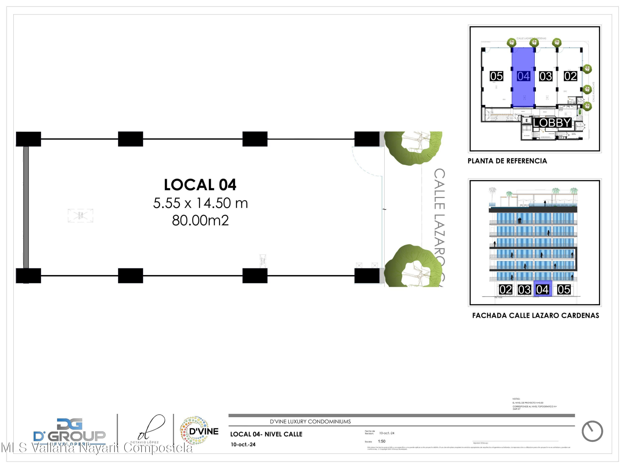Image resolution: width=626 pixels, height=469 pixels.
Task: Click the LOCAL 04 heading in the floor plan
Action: [200, 185]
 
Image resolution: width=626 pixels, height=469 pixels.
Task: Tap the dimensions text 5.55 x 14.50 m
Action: [200, 203]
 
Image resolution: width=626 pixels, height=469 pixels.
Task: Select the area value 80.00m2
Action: [200, 220]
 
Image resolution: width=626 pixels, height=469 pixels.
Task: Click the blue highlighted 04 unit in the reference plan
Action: [523, 77]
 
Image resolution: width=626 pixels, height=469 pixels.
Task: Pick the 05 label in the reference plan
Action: [496, 76]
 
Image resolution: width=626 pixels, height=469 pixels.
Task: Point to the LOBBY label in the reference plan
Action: [552, 123]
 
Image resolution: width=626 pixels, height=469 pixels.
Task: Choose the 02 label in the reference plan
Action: [570, 76]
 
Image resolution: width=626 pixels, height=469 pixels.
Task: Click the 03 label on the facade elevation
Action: [524, 290]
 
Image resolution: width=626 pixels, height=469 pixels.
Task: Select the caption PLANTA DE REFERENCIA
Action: [507, 161]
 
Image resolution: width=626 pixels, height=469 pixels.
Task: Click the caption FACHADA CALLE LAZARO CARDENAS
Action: [535, 315]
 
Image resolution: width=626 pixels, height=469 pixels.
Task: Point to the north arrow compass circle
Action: [592, 431]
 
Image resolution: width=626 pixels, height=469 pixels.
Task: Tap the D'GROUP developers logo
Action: [70, 432]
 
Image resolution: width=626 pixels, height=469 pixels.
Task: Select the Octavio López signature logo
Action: [147, 430]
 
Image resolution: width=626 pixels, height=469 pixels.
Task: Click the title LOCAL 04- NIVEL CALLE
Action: [266, 434]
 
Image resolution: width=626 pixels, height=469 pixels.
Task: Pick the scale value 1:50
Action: [381, 441]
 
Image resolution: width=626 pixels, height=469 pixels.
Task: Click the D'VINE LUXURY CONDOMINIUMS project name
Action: [310, 422]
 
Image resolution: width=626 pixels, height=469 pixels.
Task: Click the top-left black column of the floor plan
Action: [29, 139]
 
